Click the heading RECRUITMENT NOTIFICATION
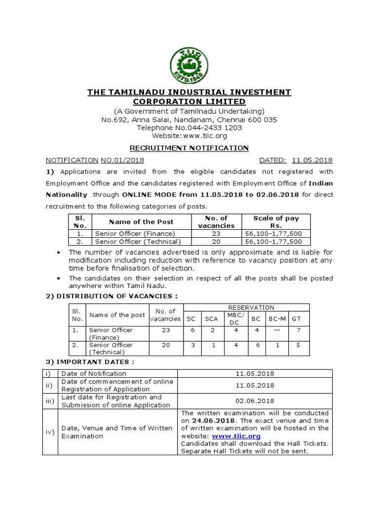(189, 148)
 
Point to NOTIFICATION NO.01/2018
(95, 160)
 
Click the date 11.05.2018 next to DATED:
(312, 160)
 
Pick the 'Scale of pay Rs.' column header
(276, 221)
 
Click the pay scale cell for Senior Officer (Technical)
(276, 241)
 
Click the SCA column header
(211, 319)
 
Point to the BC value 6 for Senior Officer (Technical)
(256, 345)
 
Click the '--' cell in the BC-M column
(277, 331)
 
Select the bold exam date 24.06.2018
(207, 421)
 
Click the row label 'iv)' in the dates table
(50, 432)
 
